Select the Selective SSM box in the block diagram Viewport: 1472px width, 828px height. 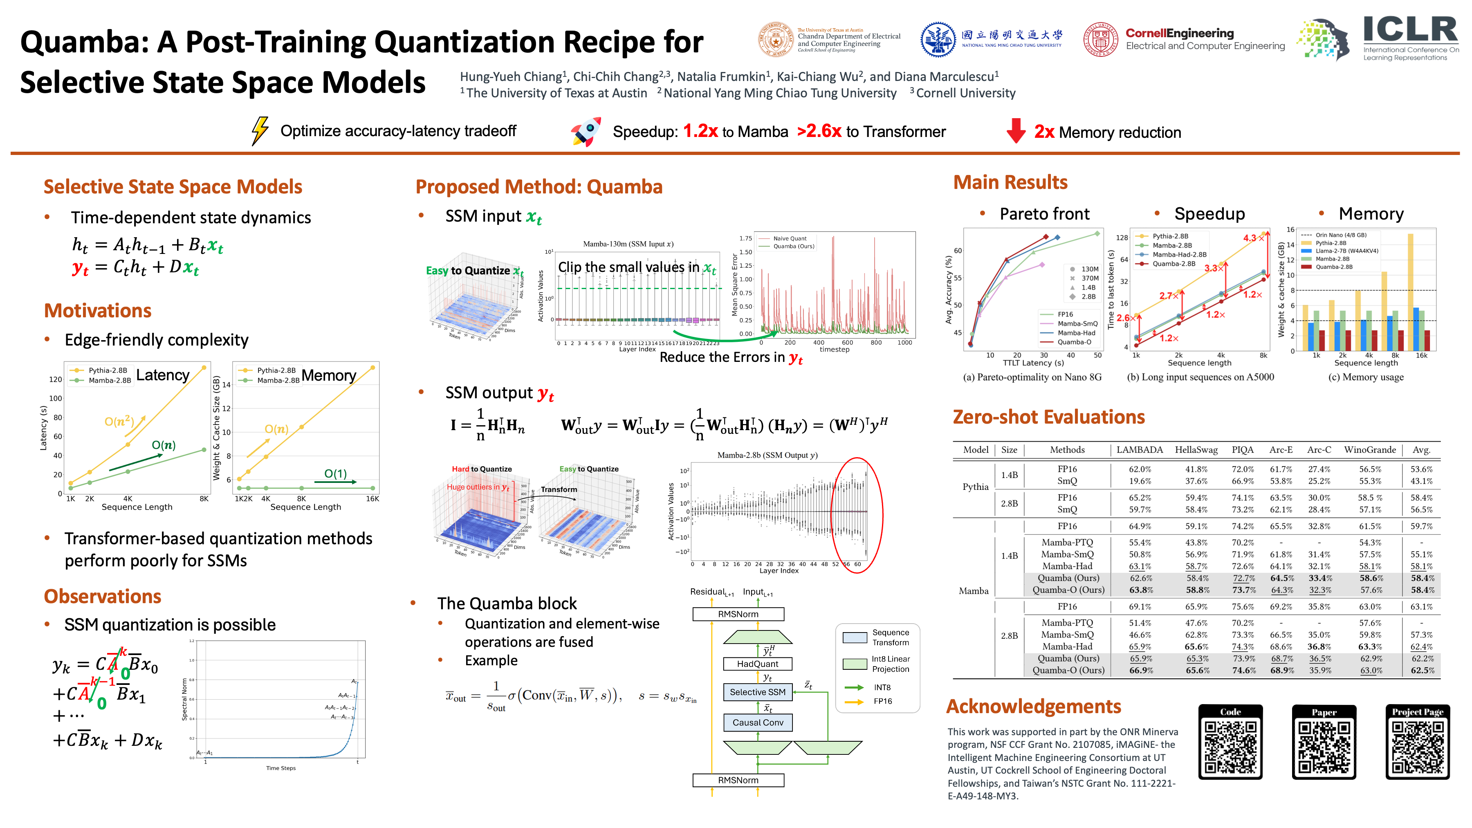pos(757,692)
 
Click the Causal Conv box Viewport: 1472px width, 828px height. pos(757,722)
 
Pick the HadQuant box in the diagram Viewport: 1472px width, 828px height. pos(757,664)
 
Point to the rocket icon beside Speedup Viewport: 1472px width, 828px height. pos(586,131)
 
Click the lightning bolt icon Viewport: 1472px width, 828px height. pos(260,131)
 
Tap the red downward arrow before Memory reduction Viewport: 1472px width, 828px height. pos(1015,131)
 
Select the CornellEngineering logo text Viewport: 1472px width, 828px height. pos(1179,33)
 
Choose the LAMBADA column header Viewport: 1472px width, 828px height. pos(1140,450)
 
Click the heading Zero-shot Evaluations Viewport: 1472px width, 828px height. pos(1048,417)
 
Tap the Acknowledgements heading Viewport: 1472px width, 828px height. pos(1033,706)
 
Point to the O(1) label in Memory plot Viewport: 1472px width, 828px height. pos(335,474)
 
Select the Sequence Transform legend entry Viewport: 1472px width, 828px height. pos(890,637)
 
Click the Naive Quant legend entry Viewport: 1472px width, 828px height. pos(790,238)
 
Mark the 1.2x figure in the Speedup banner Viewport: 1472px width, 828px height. pos(700,131)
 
